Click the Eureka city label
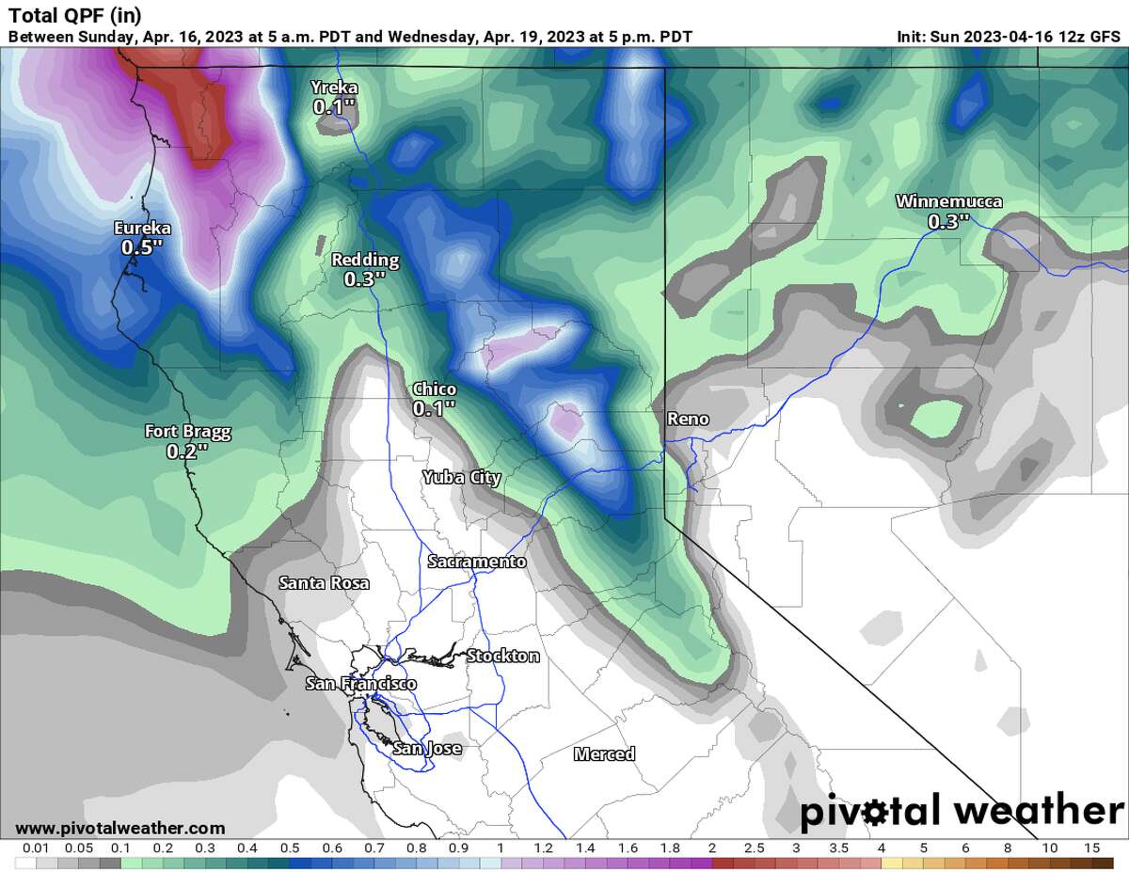point(142,228)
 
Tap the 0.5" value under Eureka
point(142,247)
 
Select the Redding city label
point(365,260)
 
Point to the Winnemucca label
point(948,201)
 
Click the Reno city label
point(687,419)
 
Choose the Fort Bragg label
point(187,432)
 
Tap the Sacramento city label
point(477,562)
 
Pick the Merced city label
point(604,753)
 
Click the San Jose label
point(427,749)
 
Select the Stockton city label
point(503,656)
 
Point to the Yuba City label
point(461,477)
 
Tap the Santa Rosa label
point(324,583)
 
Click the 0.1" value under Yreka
point(335,108)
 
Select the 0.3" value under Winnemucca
point(948,222)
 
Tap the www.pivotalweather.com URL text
point(120,828)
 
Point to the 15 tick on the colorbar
point(1092,848)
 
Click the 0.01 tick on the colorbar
point(29,848)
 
